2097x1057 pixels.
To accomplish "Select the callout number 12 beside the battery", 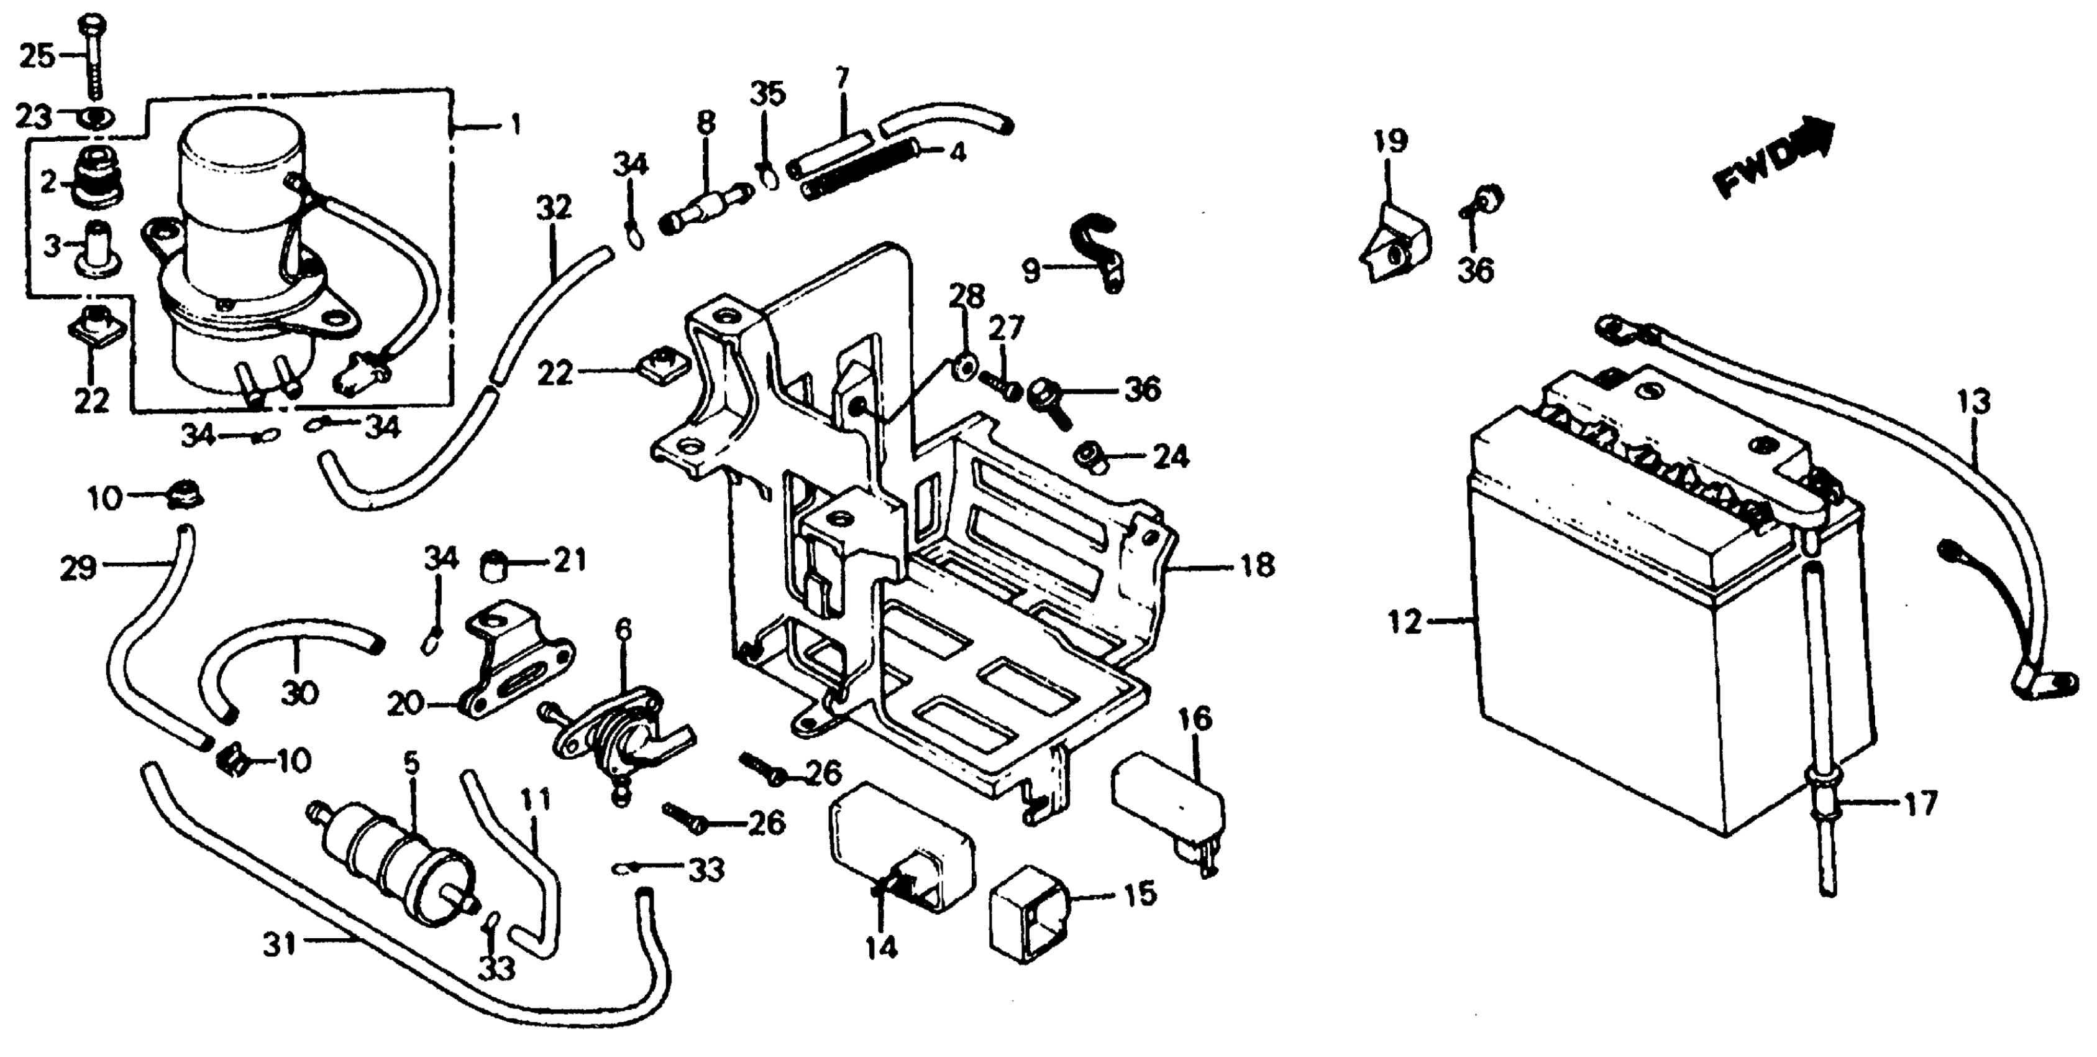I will click(x=1404, y=623).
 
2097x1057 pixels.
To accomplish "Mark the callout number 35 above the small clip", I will click(x=767, y=95).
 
